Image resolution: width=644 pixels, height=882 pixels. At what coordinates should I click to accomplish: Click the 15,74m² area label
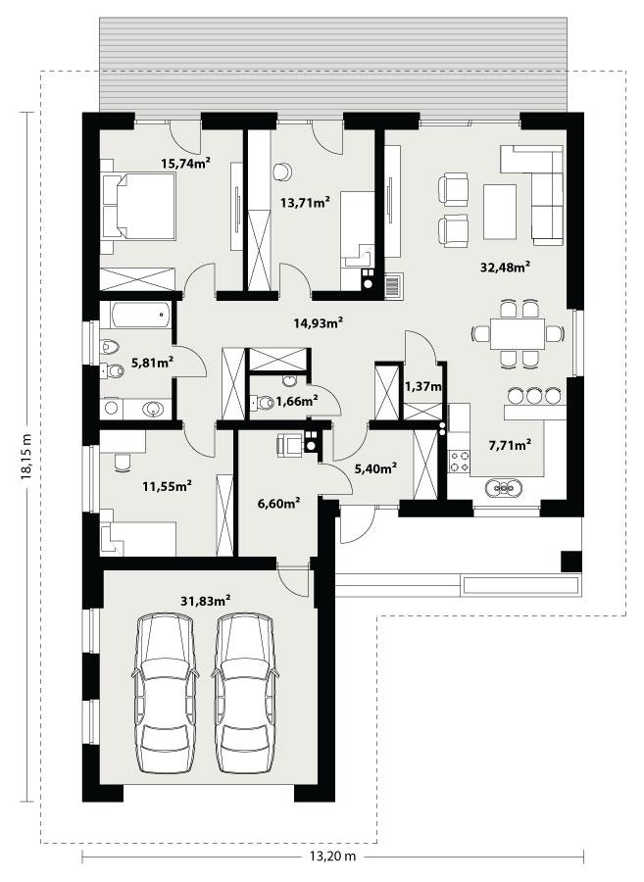(186, 165)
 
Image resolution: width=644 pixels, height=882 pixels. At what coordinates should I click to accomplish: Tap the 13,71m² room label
(305, 203)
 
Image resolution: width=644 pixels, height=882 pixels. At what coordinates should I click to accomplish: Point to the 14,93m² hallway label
(319, 321)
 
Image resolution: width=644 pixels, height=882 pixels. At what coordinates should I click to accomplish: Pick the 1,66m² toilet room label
(296, 400)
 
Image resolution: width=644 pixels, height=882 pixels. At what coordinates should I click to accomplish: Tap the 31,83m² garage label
(206, 599)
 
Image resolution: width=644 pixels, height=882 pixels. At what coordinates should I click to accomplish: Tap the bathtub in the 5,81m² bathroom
(136, 316)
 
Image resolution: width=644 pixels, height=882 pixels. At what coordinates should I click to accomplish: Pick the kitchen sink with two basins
(506, 486)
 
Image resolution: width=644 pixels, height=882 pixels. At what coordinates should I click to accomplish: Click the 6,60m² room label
(278, 503)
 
